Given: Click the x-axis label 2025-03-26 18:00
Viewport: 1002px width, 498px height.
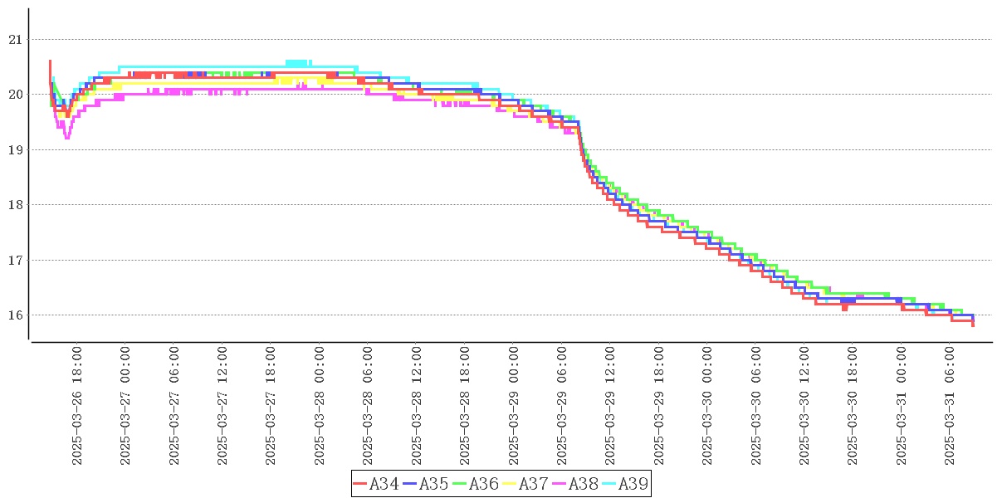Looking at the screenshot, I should tap(77, 406).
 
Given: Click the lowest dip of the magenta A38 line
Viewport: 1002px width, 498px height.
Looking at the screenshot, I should tap(66, 138).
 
